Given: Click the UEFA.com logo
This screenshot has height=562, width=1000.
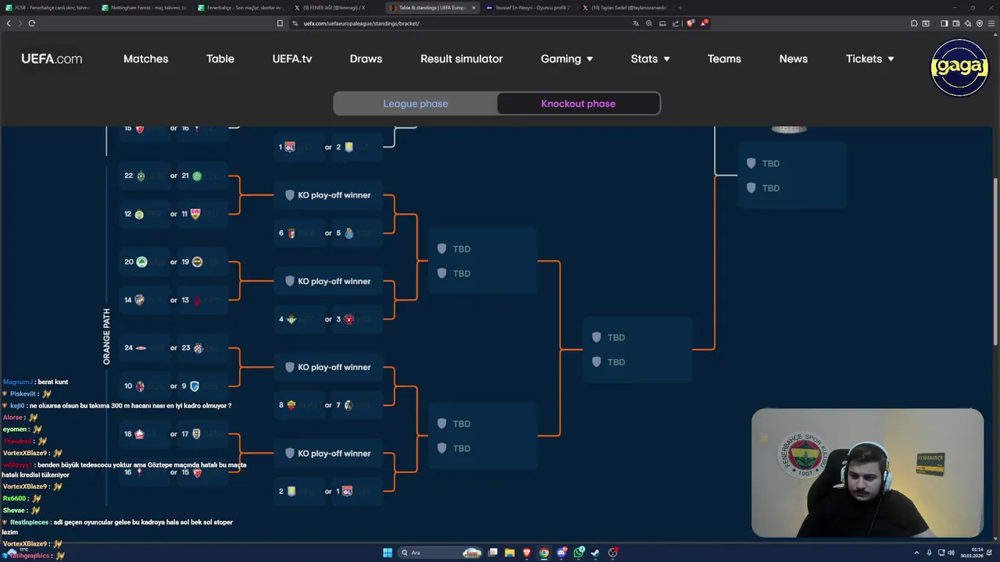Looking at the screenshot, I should click(52, 59).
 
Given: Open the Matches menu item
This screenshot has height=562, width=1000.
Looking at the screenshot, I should click(145, 59).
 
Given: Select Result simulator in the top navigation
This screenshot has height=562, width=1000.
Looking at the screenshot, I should click(461, 59).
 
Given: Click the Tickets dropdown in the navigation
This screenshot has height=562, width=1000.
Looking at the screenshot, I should click(870, 59).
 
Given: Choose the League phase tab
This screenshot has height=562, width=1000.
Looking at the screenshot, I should click(416, 104).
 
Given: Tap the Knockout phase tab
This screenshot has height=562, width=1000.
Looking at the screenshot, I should click(578, 104).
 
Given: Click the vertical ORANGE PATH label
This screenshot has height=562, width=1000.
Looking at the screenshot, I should click(107, 336).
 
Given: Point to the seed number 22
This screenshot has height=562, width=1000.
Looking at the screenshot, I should click(129, 176).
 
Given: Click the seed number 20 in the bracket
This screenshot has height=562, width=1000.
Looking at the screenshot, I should click(129, 261).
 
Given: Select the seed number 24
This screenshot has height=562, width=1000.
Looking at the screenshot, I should click(129, 347).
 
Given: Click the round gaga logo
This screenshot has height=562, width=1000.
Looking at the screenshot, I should click(959, 67).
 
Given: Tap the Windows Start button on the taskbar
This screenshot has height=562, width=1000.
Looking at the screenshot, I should click(387, 553).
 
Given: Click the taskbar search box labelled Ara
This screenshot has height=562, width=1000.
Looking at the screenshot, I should click(430, 553).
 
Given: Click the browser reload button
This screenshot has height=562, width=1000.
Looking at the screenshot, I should click(32, 23).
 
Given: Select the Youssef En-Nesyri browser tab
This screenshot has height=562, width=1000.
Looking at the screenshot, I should click(531, 8).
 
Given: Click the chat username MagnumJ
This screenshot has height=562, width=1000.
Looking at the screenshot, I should click(18, 382).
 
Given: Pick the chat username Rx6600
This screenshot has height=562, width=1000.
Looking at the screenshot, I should click(14, 498).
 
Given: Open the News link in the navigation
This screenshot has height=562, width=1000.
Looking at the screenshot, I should click(793, 59).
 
